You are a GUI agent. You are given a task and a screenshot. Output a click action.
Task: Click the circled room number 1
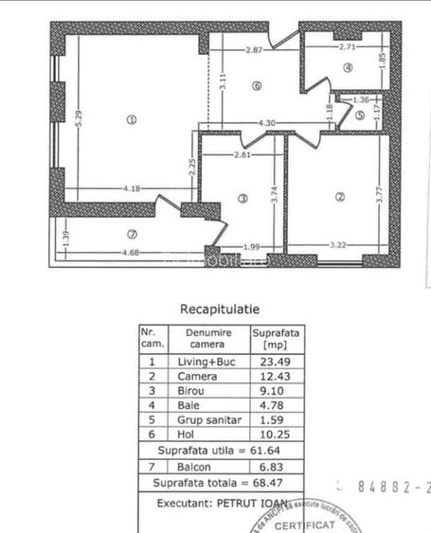click(131, 119)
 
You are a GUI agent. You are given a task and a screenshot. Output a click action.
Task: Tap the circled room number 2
click(338, 197)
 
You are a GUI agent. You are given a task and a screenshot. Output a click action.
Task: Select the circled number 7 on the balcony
click(132, 233)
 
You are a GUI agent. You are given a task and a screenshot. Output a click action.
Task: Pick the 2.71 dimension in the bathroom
click(347, 45)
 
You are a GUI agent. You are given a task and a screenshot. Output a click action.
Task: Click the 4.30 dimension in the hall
click(267, 123)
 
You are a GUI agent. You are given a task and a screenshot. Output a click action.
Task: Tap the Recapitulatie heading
click(219, 308)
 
